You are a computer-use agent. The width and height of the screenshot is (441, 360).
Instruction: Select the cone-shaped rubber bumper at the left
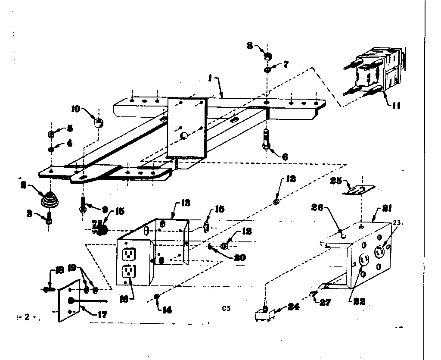[x=50, y=200]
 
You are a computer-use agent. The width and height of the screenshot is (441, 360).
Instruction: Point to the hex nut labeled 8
[x=267, y=56]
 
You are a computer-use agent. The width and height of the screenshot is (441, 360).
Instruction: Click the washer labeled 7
[x=267, y=69]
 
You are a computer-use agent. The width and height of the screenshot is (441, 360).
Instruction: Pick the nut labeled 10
[x=98, y=123]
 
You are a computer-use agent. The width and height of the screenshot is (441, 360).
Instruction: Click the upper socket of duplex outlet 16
[x=127, y=254]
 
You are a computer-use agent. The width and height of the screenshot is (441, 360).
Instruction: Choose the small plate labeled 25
[x=358, y=190]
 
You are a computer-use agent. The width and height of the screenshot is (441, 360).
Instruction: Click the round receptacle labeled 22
[x=363, y=261]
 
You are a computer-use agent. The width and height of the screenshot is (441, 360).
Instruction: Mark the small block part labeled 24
[x=263, y=314]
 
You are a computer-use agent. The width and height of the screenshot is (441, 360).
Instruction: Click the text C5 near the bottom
[x=227, y=308]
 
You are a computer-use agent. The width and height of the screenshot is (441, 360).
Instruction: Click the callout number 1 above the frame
[x=210, y=79]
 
